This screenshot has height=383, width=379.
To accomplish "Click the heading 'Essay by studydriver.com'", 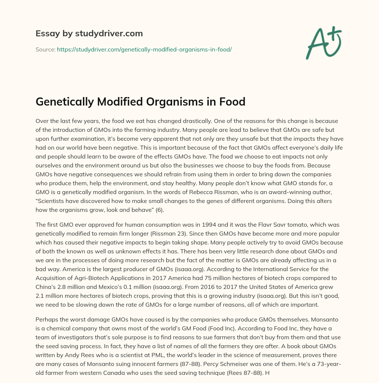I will [89, 34].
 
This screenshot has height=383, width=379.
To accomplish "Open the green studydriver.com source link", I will [144, 49].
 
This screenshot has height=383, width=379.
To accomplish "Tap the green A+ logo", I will [323, 43].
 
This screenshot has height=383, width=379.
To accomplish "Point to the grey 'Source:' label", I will [45, 49].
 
